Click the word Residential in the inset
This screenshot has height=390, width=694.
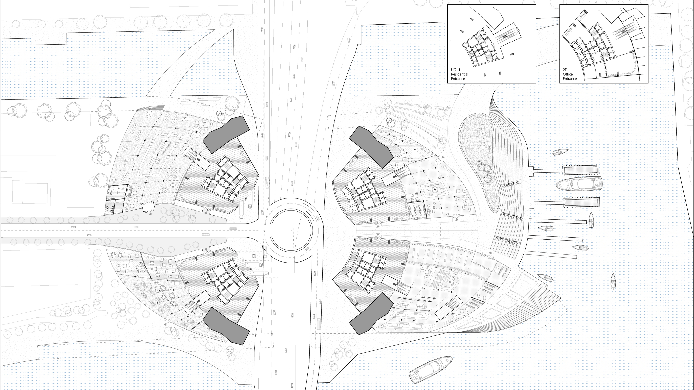[460, 74]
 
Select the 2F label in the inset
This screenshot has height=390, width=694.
[565, 70]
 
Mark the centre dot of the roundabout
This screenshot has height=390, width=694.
[291, 230]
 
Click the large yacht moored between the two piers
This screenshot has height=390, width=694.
[579, 184]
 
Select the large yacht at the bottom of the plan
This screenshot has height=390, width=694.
[430, 370]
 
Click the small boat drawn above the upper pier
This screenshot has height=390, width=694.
[560, 152]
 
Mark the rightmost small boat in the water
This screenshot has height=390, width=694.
[613, 281]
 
